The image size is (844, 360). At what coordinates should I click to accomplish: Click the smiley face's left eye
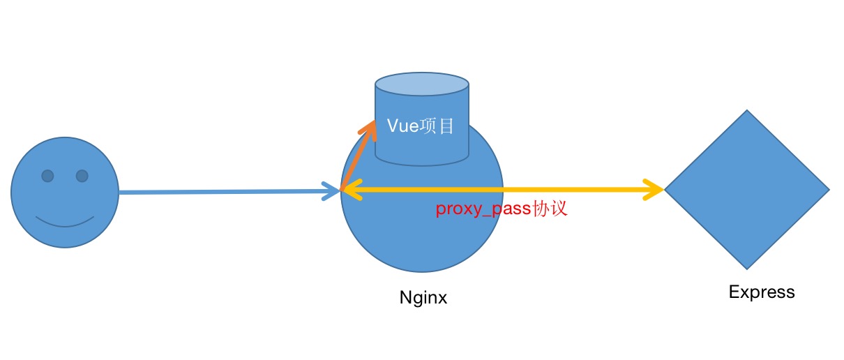click(47, 176)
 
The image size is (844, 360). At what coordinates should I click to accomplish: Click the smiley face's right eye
click(82, 176)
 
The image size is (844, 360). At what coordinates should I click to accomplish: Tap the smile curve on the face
click(65, 225)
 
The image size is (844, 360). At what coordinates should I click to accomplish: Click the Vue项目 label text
click(421, 126)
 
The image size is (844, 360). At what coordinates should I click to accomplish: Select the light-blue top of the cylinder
click(422, 85)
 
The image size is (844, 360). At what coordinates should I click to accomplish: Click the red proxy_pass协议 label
click(502, 209)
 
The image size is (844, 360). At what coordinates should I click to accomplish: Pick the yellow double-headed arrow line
click(502, 189)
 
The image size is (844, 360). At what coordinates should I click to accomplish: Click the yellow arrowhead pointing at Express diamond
click(656, 189)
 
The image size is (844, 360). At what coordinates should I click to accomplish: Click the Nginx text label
click(423, 298)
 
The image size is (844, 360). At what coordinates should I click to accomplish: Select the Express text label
click(762, 292)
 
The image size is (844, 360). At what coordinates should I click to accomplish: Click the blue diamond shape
click(746, 189)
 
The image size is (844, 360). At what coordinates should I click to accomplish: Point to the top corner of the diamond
click(746, 111)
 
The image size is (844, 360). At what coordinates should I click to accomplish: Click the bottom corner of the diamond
click(746, 268)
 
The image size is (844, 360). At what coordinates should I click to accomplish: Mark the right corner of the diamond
click(827, 189)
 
